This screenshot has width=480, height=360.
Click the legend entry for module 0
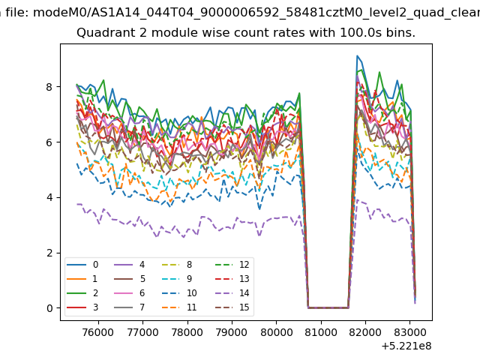[x=82, y=265]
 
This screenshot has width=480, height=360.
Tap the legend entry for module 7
[x=129, y=307]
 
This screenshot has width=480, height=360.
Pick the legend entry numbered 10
[x=179, y=293]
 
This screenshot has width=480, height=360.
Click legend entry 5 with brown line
[x=129, y=279]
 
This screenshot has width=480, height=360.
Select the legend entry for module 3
[x=82, y=307]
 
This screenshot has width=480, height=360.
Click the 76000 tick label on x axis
[x=98, y=332]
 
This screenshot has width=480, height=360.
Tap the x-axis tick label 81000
[x=321, y=332]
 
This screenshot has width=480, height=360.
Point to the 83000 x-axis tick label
[x=410, y=332]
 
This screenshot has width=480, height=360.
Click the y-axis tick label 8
[x=49, y=87]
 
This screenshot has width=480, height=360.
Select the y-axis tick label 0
[x=49, y=308]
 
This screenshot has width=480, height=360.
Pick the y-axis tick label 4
[x=49, y=197]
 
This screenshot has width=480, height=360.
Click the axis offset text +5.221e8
[x=406, y=346]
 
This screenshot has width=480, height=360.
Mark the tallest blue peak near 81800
[x=357, y=55]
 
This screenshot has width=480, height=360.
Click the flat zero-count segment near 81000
[x=328, y=307]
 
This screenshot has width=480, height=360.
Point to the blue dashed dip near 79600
[x=259, y=209]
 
